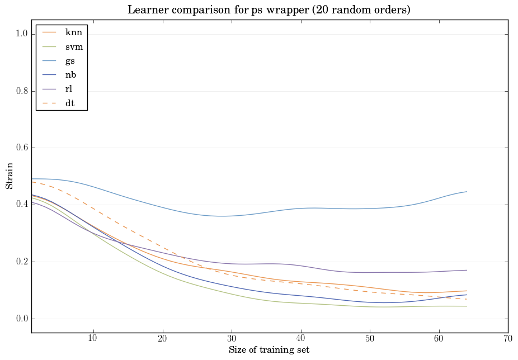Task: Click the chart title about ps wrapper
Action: [269, 10]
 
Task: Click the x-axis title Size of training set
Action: [269, 350]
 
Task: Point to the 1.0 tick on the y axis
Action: [20, 34]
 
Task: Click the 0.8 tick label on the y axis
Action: [20, 91]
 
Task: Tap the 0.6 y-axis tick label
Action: [20, 148]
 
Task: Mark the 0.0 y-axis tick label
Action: [20, 319]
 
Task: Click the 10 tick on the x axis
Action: [93, 338]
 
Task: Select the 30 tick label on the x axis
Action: [232, 338]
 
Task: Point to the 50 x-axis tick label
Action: [370, 338]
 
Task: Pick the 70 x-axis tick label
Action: [508, 338]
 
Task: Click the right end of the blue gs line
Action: [467, 192]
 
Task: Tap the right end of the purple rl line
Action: [467, 270]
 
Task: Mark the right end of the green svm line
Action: [467, 306]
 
